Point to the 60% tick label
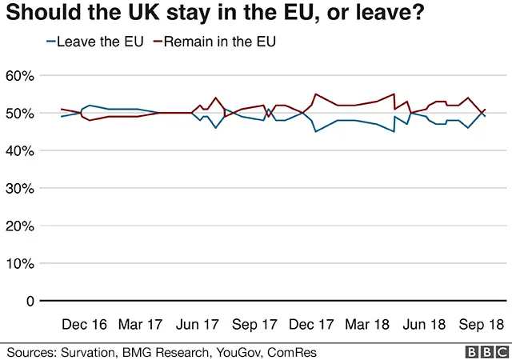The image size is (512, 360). click(x=20, y=76)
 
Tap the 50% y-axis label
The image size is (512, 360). click(x=20, y=114)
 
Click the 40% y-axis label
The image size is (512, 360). click(x=20, y=151)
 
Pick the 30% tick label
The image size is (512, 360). click(x=20, y=189)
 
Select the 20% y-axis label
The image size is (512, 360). click(x=20, y=226)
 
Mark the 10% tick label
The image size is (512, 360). click(x=20, y=264)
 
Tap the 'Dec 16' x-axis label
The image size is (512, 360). click(x=84, y=325)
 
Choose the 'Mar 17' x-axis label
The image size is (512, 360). click(x=140, y=325)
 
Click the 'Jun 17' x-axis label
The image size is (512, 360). click(x=196, y=325)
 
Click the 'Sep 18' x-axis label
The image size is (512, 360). click(x=480, y=325)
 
